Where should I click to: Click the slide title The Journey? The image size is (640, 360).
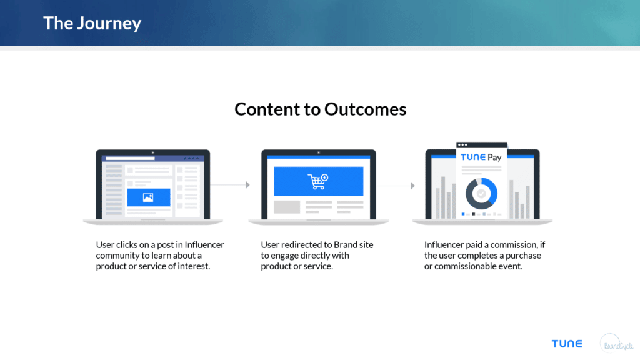pyautogui.click(x=92, y=24)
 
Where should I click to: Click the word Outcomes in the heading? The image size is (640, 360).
pyautogui.click(x=365, y=109)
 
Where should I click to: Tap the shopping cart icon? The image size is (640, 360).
pyautogui.click(x=317, y=181)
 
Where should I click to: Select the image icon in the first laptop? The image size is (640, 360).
pyautogui.click(x=148, y=197)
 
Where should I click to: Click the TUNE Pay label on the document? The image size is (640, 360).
pyautogui.click(x=481, y=157)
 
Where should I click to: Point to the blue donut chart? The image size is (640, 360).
pyautogui.click(x=481, y=194)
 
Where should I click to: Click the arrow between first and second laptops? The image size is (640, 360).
pyautogui.click(x=247, y=185)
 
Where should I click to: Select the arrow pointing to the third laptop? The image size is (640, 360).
pyautogui.click(x=412, y=186)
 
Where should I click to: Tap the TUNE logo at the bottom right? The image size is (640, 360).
pyautogui.click(x=566, y=344)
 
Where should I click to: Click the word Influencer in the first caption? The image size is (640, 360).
pyautogui.click(x=204, y=245)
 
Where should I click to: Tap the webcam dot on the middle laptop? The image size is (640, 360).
pyautogui.click(x=318, y=152)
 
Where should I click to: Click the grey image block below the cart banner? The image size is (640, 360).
pyautogui.click(x=287, y=207)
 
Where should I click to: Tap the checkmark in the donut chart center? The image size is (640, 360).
pyautogui.click(x=481, y=194)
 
